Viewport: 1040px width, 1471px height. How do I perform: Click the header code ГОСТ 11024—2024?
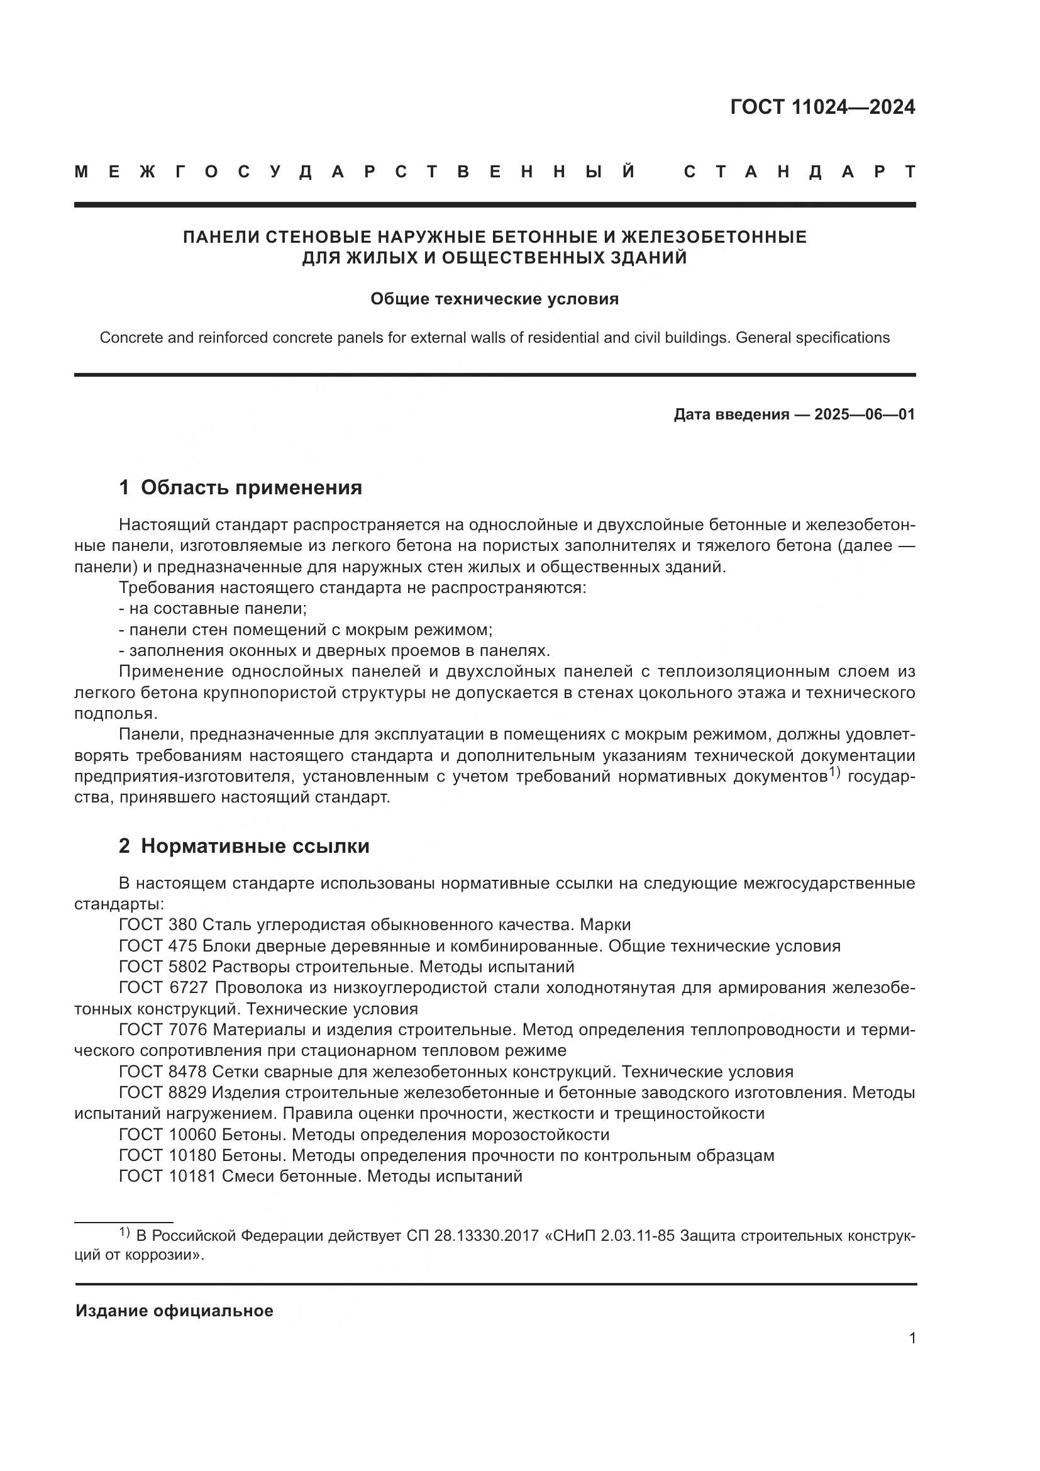click(x=822, y=107)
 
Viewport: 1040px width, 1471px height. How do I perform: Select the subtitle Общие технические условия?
click(x=494, y=299)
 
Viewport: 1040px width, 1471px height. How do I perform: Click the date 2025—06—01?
click(x=864, y=414)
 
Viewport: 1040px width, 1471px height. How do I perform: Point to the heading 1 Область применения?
click(x=240, y=487)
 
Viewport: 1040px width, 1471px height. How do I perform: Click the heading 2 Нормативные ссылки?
click(x=244, y=847)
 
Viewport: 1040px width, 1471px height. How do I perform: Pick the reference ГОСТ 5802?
click(x=163, y=967)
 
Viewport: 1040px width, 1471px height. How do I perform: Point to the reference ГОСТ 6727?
click(x=163, y=988)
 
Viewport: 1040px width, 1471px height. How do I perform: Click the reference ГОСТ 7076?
click(x=163, y=1030)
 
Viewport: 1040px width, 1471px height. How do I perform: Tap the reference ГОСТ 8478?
click(x=163, y=1072)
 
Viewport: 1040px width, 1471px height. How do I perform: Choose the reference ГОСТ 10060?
click(x=168, y=1135)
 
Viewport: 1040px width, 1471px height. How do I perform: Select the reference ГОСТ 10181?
click(x=168, y=1176)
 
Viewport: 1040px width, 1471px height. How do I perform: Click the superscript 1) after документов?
click(x=834, y=774)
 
